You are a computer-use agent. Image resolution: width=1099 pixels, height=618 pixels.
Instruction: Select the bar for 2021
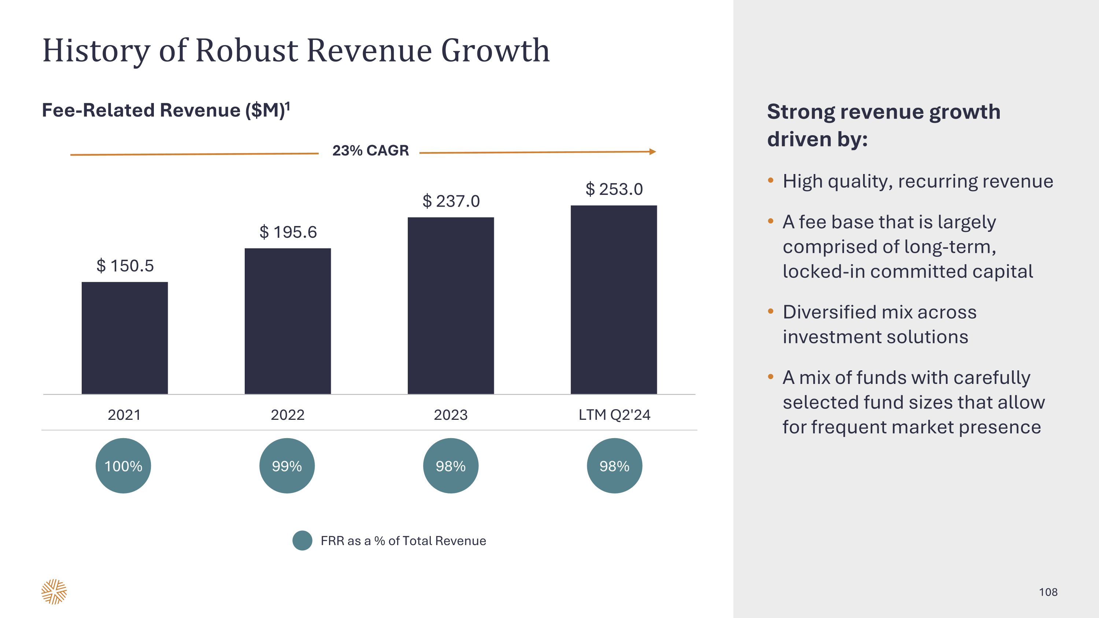point(125,338)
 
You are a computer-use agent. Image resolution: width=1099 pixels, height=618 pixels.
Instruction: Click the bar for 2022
point(288,321)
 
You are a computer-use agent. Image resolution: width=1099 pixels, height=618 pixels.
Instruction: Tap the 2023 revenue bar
point(451,306)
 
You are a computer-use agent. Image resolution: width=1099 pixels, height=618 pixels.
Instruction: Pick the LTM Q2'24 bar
point(614,299)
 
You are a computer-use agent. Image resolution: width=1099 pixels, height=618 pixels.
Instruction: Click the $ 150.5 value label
point(125,266)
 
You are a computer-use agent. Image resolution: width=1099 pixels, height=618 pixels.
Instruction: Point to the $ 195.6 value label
point(288,232)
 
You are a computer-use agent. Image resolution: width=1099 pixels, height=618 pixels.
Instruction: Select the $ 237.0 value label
point(451,201)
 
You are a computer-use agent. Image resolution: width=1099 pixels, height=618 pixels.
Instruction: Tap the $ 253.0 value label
point(614,189)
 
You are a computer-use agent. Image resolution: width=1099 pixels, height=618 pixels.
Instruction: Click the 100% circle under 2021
point(123,466)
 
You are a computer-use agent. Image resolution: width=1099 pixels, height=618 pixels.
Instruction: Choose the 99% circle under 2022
point(287,466)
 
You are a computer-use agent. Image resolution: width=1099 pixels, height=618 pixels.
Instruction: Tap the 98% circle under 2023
point(451,466)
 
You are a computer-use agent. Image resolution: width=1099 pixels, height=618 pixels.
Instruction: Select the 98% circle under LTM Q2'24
point(614,466)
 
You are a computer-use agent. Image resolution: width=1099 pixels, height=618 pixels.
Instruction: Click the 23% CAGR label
point(370,151)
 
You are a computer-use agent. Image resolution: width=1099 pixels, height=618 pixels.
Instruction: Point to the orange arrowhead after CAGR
point(652,151)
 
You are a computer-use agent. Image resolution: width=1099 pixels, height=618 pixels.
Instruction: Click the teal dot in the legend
point(302,540)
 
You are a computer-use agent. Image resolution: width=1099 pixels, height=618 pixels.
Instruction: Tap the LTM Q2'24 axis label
point(614,415)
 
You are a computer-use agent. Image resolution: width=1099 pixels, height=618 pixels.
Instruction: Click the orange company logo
point(54,592)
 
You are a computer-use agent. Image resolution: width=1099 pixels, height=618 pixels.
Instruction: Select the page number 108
point(1048,592)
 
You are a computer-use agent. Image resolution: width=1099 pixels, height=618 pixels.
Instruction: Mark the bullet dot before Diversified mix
point(770,311)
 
